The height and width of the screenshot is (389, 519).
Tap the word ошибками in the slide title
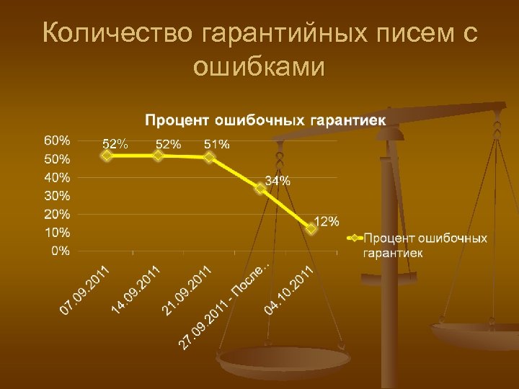pos(259,66)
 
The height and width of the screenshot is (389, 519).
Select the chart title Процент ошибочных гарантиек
pos(266,119)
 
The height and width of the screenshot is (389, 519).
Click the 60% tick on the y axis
pos(58,139)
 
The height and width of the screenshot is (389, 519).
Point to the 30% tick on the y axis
pos(58,195)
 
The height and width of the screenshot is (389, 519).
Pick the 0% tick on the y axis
pos(61,251)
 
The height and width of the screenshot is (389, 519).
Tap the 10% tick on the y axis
pos(58,232)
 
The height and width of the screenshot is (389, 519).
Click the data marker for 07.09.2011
pos(107,155)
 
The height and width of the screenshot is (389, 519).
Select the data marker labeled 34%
pos(260,189)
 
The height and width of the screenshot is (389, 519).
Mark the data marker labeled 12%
pos(311,229)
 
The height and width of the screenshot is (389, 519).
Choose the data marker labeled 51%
pos(209,157)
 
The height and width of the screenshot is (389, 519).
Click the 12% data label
pos(326,221)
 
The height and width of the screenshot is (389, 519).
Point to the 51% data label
pos(217,144)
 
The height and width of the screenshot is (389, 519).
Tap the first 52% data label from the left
pos(115,143)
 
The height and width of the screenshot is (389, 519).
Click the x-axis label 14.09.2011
pos(136,290)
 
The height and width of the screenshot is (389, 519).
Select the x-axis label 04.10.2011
pos(289,290)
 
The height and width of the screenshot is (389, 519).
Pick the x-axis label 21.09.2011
pos(187,290)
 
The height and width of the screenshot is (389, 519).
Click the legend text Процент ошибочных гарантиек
pos(425,245)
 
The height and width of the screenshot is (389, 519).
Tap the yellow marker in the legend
pos(354,238)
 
